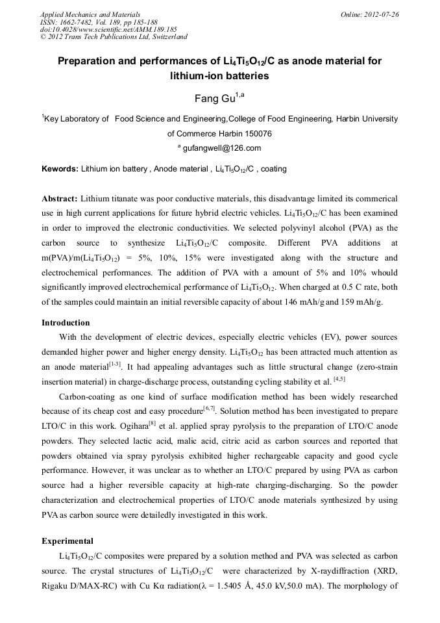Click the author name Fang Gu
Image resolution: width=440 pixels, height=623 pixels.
tap(216, 98)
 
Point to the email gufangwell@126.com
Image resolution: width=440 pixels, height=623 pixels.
tap(221, 148)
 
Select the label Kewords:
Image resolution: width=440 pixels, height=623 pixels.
tap(60, 169)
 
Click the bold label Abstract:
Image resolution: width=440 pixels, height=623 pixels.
tap(60, 197)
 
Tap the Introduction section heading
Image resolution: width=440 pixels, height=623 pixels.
tap(66, 322)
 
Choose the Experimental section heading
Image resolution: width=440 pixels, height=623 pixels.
tap(67, 540)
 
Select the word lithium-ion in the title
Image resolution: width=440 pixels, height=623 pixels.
tap(198, 75)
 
